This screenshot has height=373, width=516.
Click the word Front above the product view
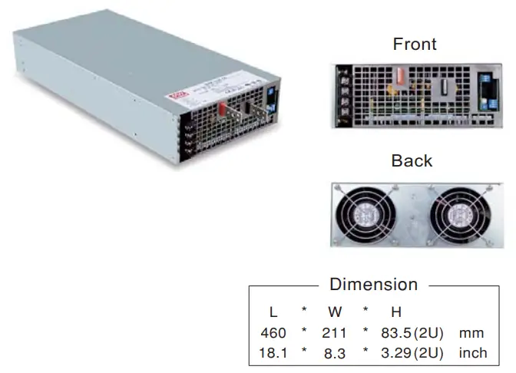point(415,44)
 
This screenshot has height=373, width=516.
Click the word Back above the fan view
point(412,160)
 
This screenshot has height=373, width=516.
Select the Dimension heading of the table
point(373,284)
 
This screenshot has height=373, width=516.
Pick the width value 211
point(335,333)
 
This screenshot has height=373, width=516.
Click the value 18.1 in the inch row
point(273,353)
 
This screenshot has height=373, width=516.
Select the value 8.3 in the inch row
point(335,353)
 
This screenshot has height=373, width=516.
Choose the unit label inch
point(471,353)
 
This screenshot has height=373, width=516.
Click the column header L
point(273,312)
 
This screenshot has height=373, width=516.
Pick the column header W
point(335,312)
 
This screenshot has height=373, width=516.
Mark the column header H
point(396,312)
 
